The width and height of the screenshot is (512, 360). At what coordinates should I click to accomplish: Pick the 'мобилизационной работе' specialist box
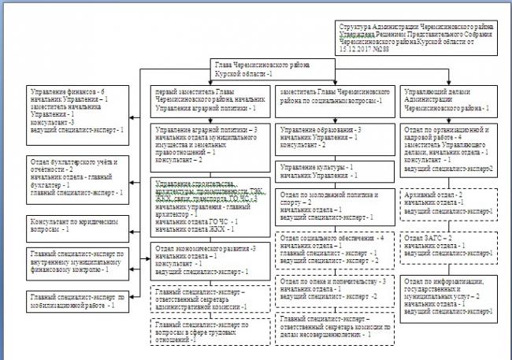pos(73,299)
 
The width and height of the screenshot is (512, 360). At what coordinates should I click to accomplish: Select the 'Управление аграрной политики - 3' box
pos(210,143)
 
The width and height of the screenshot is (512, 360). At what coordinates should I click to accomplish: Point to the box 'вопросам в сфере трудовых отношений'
pos(210,332)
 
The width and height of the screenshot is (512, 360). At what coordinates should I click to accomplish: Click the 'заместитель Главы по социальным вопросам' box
pos(335,96)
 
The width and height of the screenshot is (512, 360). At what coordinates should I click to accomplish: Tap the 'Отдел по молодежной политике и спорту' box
pos(335,204)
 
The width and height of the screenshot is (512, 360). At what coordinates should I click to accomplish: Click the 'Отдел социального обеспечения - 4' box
pos(335,250)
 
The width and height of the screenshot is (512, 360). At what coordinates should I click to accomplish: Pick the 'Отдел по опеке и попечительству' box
pos(335,289)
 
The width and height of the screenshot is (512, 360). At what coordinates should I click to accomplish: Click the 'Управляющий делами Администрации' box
pos(449,100)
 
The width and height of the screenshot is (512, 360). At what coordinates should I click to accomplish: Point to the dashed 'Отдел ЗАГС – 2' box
pos(449,246)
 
